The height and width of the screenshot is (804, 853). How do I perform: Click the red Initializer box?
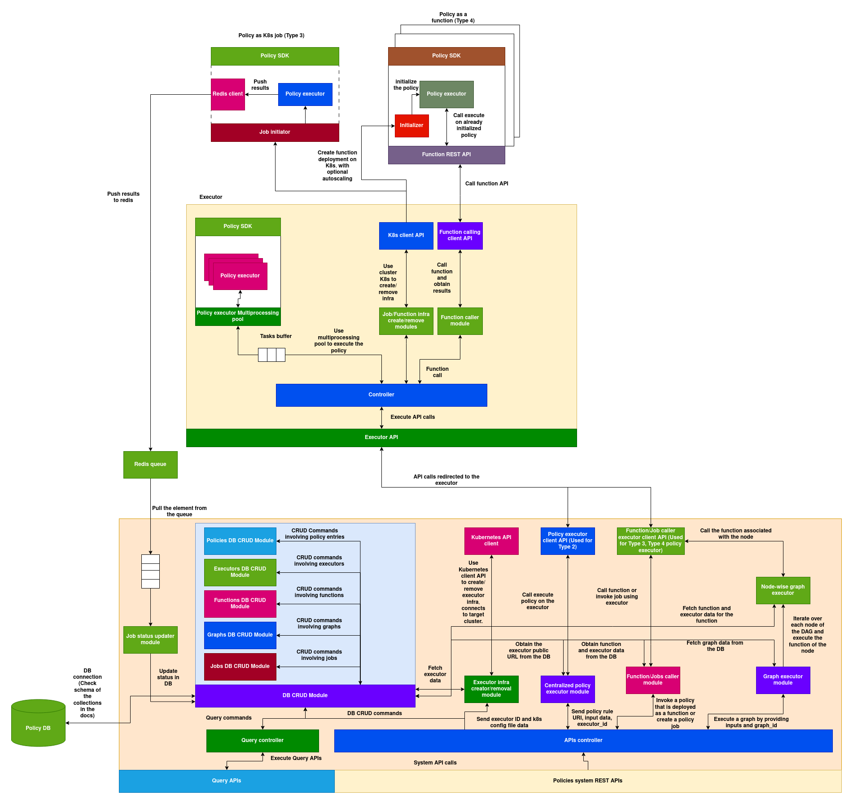coord(411,126)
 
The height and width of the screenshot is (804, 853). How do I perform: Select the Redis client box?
coord(227,94)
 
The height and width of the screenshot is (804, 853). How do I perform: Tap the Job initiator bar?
coord(275,132)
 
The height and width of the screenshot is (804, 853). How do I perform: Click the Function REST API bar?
coord(446,155)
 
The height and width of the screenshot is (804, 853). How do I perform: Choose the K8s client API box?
coord(406,236)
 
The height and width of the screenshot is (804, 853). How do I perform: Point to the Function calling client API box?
coord(459,236)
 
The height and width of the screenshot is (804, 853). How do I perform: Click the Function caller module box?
coord(459,321)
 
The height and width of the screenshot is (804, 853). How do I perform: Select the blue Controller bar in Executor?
coord(381,395)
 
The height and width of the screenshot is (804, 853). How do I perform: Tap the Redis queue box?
coord(150,465)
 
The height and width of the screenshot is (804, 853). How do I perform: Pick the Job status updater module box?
coord(150,640)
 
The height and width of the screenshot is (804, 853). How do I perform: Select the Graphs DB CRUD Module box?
coord(240,635)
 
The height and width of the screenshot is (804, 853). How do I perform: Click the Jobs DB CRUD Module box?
coord(240,667)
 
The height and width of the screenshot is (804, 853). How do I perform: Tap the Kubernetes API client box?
coord(491,541)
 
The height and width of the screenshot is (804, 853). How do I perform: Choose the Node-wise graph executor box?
coord(783,590)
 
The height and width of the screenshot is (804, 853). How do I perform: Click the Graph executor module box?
coord(783,680)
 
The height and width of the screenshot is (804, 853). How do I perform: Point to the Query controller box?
coord(262,741)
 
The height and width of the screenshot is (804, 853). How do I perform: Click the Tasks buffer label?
coord(276,336)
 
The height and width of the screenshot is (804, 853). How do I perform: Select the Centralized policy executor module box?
coord(567,689)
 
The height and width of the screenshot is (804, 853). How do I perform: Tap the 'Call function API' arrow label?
coord(486,184)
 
